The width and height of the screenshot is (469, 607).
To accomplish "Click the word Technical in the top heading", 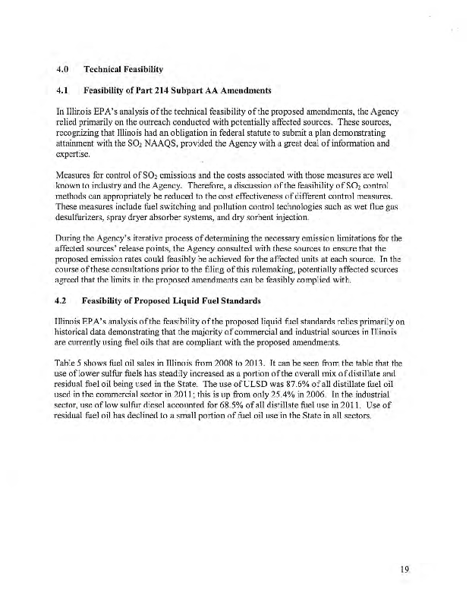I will tap(113, 71).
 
